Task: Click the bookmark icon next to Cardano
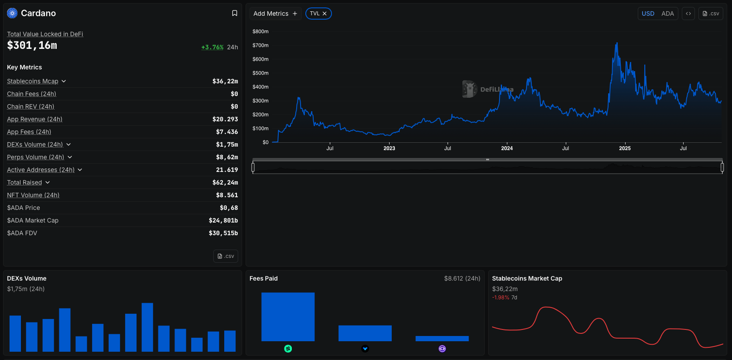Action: coord(235,13)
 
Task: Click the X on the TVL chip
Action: coord(325,14)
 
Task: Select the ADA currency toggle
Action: coord(667,14)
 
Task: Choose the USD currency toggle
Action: coord(648,14)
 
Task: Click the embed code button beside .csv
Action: coord(688,14)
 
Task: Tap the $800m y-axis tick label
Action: coord(260,31)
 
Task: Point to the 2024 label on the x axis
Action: coord(507,148)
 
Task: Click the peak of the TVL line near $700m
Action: coord(617,43)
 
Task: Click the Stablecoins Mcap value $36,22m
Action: coord(225,81)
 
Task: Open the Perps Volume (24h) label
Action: coord(36,157)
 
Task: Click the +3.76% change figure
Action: coord(212,47)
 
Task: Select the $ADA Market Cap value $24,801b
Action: coord(223,220)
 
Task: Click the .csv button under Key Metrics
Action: coord(226,256)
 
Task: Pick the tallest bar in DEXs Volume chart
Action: coord(147,327)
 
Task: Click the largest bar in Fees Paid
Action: coord(288,317)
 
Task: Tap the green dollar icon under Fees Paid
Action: coord(288,349)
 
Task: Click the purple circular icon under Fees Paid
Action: coord(442,349)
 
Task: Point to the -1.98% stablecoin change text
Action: coord(500,298)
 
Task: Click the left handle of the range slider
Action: coord(253,167)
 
